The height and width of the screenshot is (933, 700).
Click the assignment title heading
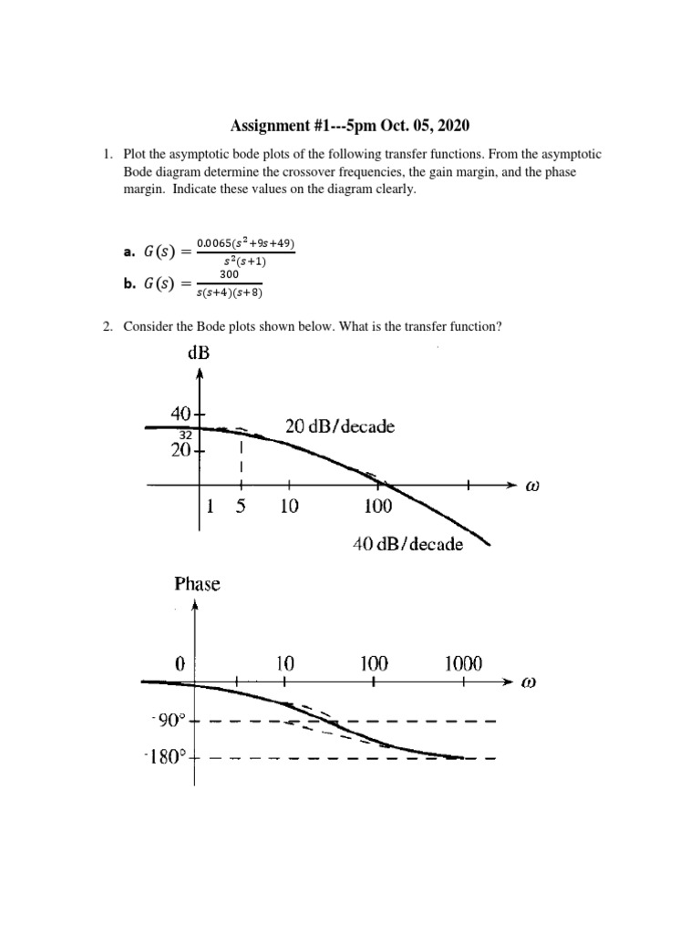[349, 125]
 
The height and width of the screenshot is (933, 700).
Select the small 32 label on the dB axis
[185, 435]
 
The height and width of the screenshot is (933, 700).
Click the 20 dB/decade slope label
[341, 426]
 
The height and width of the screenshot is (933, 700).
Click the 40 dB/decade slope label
[407, 544]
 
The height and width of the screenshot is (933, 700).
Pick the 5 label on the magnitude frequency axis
[240, 508]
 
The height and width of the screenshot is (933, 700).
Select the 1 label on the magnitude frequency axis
[210, 508]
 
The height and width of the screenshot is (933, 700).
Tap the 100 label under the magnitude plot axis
[377, 508]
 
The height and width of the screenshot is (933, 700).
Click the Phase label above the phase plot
[197, 584]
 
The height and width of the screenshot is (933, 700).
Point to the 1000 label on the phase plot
[463, 664]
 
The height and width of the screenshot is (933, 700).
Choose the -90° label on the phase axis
[168, 721]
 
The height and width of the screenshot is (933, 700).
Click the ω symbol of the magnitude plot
[532, 487]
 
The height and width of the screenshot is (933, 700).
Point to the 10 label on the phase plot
[285, 664]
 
